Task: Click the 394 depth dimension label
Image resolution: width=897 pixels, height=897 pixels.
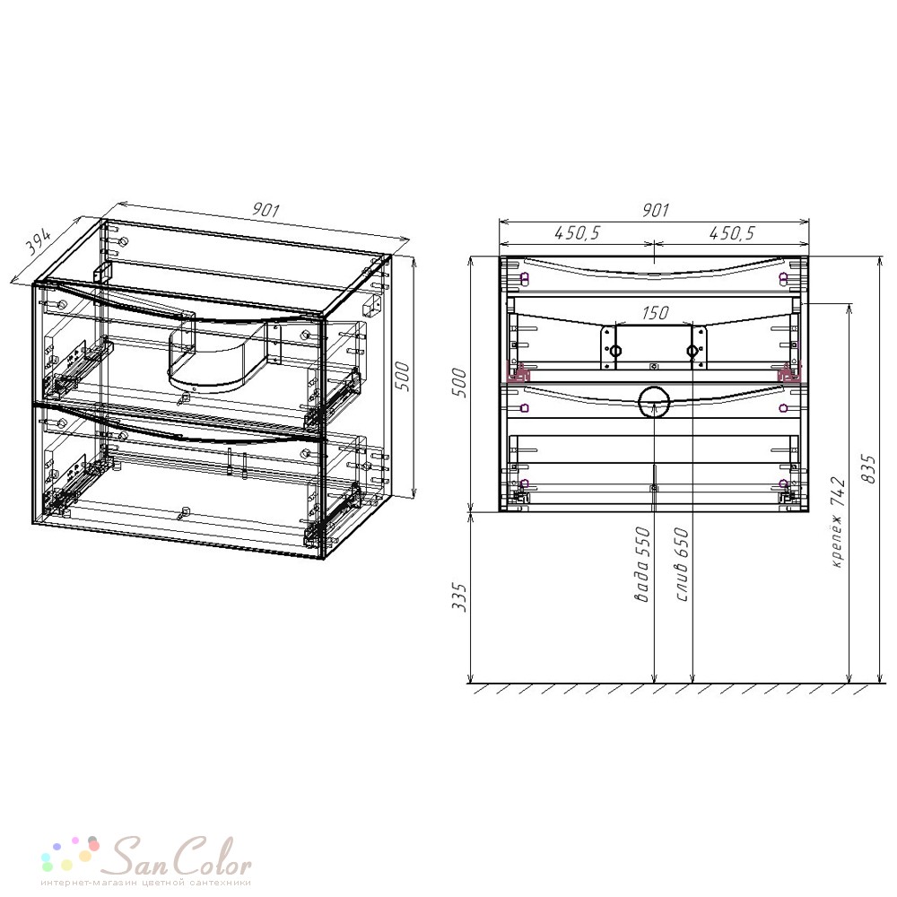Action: coord(39,242)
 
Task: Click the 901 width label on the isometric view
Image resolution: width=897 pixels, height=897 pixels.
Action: coord(266,210)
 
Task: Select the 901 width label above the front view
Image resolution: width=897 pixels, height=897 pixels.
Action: coord(655,210)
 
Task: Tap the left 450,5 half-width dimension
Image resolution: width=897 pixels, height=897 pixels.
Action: coord(577,233)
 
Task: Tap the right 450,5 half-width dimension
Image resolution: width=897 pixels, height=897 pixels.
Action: coord(732,233)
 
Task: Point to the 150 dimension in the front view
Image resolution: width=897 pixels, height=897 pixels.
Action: coord(655,312)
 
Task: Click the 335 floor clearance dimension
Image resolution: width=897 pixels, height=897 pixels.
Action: coord(459,597)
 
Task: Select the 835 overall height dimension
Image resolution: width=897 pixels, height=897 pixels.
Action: coord(869,469)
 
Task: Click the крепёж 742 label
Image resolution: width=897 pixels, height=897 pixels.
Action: coord(837,522)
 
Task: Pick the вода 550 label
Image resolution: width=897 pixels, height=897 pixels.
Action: coord(642,564)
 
